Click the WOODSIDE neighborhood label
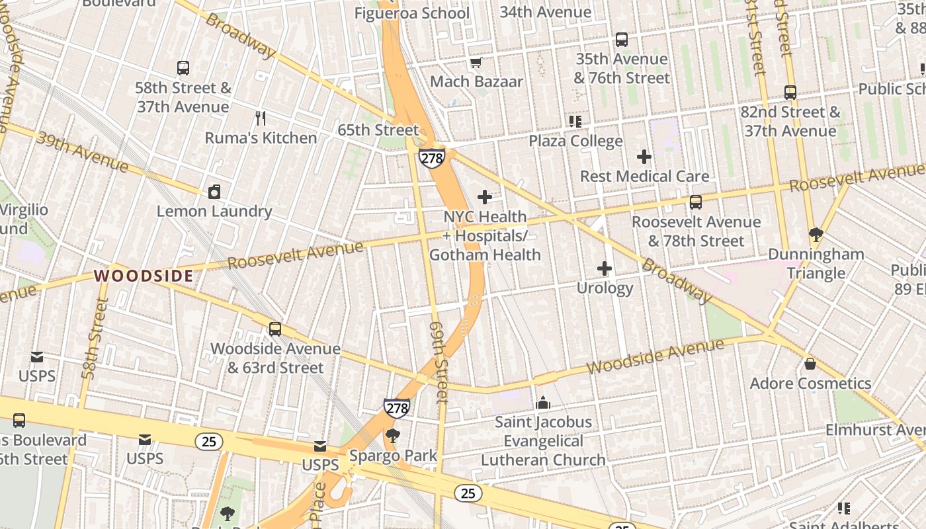144,276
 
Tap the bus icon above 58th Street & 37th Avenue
183,67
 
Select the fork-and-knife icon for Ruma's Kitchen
261,118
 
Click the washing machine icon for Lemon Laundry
214,192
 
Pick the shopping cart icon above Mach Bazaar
476,63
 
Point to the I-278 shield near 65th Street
431,158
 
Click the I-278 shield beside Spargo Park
396,408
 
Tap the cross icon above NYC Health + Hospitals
485,197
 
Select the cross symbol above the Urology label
605,268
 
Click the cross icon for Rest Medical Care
644,157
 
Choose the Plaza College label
575,141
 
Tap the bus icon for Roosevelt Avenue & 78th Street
696,202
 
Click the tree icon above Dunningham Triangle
816,234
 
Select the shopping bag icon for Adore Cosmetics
810,364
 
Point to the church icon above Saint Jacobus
543,402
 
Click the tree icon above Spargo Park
393,435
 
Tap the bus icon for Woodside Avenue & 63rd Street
274,329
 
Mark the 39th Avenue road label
82,151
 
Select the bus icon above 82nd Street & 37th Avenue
790,93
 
